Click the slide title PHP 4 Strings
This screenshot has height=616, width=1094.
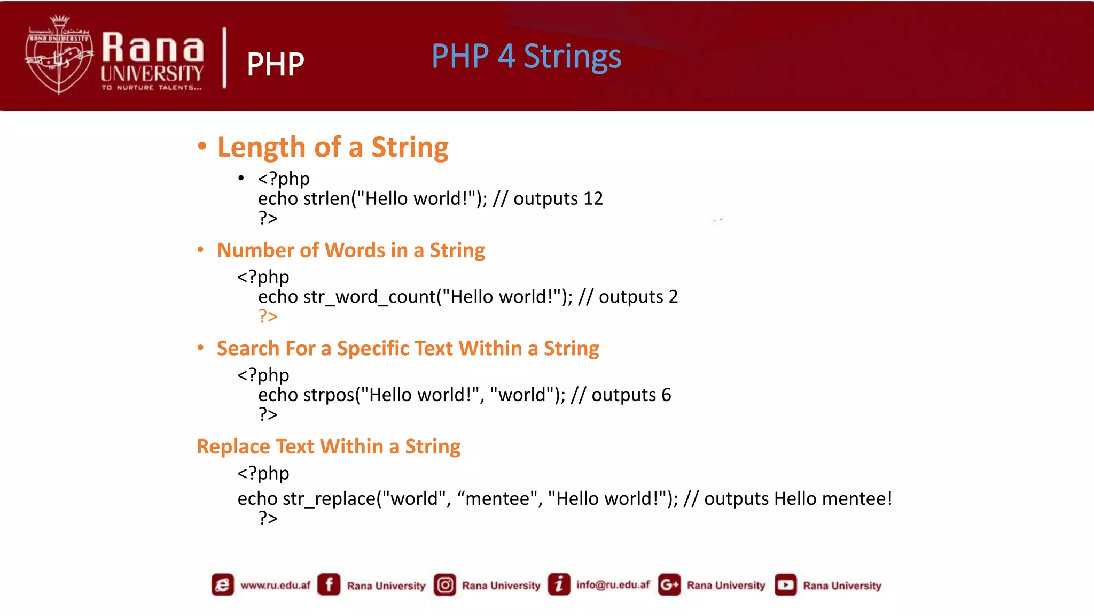pos(526,56)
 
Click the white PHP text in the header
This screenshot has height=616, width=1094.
pos(275,65)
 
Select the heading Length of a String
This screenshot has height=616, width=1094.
pos(332,147)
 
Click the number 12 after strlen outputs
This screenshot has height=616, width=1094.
pos(593,199)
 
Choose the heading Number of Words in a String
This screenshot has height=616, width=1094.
pos(351,250)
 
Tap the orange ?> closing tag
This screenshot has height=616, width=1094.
pos(268,316)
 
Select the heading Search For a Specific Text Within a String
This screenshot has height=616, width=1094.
pos(408,349)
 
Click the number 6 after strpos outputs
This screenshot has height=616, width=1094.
pos(666,395)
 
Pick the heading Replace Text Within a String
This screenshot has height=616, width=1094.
pos(328,446)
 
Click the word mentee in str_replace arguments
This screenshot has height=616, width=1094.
pos(497,499)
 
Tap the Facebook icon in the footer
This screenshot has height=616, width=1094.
pos(329,584)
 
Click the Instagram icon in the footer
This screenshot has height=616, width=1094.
pos(444,585)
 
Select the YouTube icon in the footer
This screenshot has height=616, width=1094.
pos(785,585)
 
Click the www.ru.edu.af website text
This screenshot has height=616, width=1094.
pos(275,585)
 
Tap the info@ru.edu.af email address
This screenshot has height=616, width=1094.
pos(613,585)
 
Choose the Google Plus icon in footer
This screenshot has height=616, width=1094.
pos(669,585)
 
